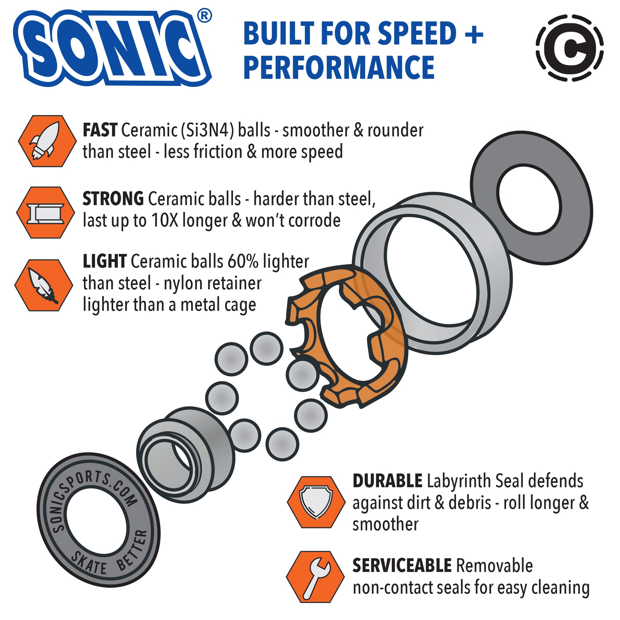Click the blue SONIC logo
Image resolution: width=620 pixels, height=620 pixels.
point(112,48)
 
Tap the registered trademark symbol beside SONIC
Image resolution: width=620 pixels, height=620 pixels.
point(204,16)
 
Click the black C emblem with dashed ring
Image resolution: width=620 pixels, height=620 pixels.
point(570,47)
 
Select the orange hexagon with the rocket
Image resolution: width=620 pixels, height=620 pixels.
point(47,141)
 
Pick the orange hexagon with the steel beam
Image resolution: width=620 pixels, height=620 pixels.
point(46,213)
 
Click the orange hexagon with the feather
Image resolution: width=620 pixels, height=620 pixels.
point(44,285)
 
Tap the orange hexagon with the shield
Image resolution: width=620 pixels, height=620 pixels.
point(316,502)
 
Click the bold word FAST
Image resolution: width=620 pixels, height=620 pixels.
point(100,130)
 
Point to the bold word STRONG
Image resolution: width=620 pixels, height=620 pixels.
point(113,199)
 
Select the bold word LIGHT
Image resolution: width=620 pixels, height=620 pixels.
point(105,261)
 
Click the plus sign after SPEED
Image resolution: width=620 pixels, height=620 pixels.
point(474,34)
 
